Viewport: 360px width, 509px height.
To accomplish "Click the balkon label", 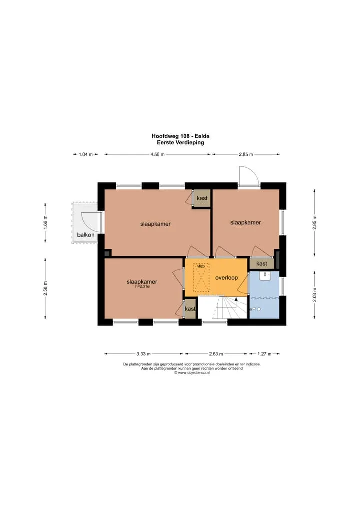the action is (86, 235).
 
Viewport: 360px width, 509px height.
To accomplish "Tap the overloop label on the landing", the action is (226, 278).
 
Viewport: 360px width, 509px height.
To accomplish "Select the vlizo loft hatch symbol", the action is (201, 277).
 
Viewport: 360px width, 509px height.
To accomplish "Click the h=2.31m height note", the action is (143, 286).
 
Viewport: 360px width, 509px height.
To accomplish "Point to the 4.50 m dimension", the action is (157, 154).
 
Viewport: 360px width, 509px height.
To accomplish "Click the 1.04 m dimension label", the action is (86, 154).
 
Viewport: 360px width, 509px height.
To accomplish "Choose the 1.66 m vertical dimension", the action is (45, 223).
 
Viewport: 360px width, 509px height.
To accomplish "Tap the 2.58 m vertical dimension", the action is (45, 288).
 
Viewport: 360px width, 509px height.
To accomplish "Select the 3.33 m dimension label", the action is (143, 354).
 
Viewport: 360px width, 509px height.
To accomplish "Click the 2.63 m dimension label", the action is (216, 354).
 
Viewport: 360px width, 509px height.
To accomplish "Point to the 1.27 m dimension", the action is (264, 354).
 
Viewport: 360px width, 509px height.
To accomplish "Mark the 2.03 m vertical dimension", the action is (314, 295).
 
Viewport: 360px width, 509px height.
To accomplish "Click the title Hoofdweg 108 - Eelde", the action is (181, 136).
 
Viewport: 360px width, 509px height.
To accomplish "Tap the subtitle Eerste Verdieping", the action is (181, 142).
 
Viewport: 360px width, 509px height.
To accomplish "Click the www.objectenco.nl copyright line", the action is (192, 373).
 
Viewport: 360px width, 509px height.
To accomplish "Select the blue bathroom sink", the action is (265, 276).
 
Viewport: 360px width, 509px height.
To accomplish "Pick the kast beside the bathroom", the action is (262, 263).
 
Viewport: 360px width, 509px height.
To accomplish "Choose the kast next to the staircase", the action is (190, 309).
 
